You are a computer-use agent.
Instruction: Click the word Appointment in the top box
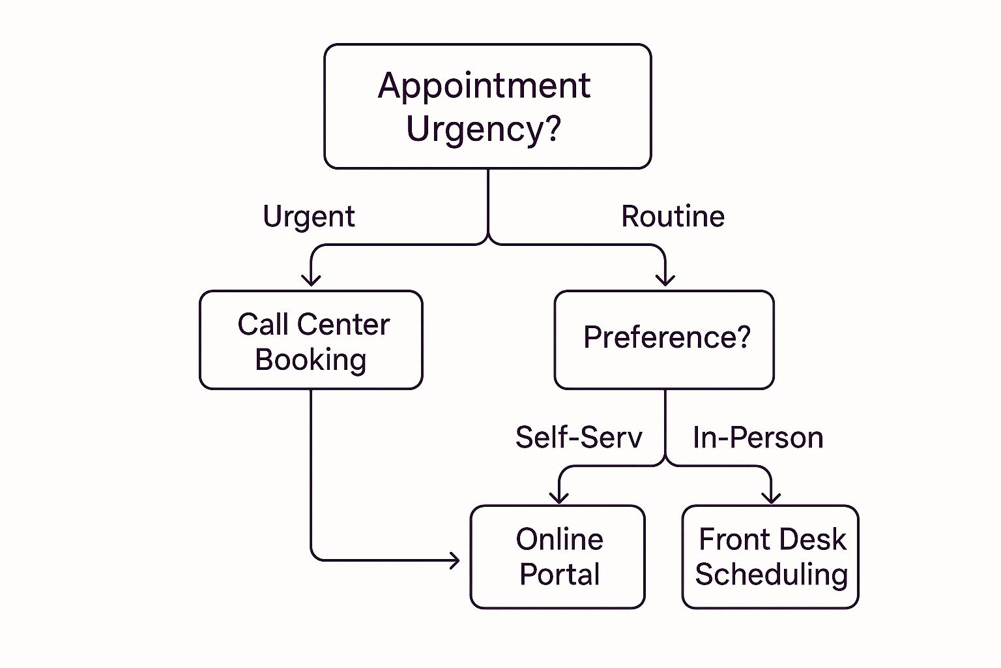[484, 86]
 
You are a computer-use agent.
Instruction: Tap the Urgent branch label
[309, 217]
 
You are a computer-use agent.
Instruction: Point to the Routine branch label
[673, 217]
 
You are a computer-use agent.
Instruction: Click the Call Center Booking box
[311, 341]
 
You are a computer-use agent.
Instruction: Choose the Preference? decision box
[664, 341]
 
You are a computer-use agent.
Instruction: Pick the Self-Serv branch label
[579, 437]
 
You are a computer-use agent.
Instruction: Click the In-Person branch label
[758, 437]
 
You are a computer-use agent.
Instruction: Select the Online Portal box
[558, 557]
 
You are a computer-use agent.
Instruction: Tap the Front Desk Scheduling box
[770, 557]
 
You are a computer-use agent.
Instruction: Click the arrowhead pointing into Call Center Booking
[311, 280]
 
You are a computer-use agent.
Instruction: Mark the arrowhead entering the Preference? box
[665, 280]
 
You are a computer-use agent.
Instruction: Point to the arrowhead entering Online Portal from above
[559, 497]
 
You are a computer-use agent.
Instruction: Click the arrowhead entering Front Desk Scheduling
[771, 497]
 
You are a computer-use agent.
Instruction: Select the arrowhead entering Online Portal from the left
[454, 560]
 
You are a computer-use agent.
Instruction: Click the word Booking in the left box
[310, 360]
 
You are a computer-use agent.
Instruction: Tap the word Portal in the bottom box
[559, 575]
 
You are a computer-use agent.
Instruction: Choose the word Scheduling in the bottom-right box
[771, 575]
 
